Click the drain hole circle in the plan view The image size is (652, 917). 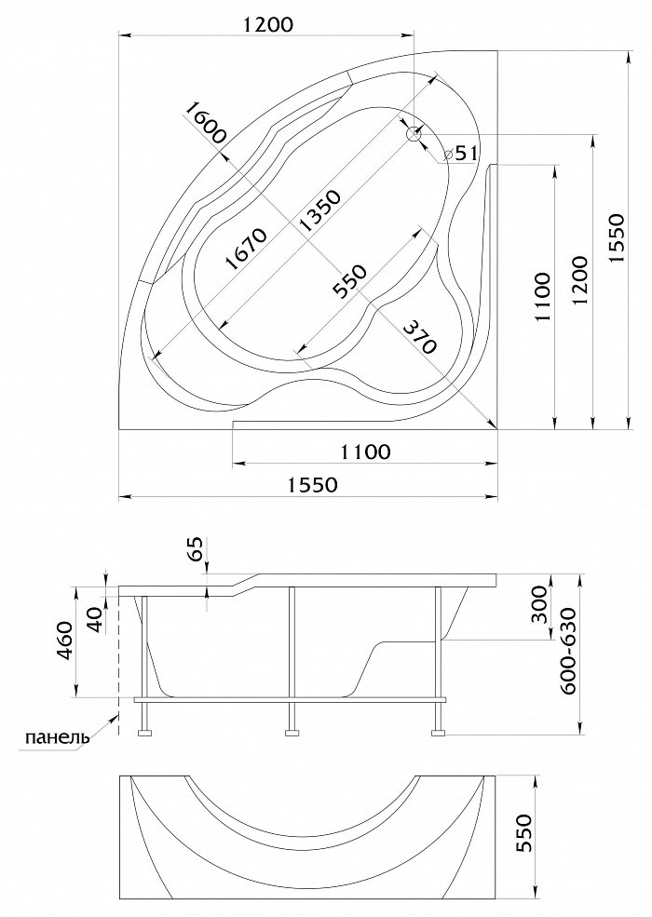coord(414,134)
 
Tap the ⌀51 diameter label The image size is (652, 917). coord(460,154)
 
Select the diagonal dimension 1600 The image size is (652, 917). coord(205,123)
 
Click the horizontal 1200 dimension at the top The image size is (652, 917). coord(267,24)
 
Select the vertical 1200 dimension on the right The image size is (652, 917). coord(579,280)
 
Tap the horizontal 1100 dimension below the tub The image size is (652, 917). coord(365,452)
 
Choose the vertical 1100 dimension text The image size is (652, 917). coord(542,296)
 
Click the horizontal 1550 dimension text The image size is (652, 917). coord(314,485)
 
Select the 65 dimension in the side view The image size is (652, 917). coord(197,548)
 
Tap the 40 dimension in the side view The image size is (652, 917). coord(94,620)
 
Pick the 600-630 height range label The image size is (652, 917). coord(568,651)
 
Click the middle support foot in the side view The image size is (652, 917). coord(292,733)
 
